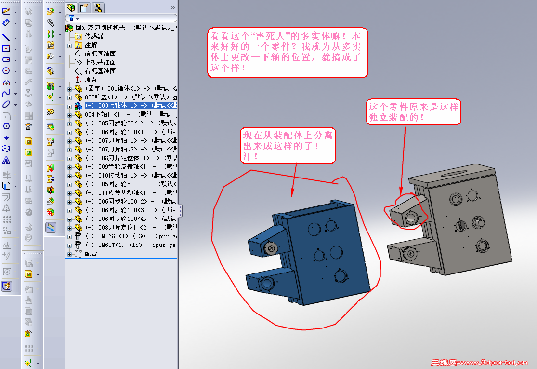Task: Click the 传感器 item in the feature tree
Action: tap(94, 36)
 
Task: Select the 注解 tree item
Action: tap(91, 45)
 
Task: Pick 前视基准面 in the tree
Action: tap(100, 54)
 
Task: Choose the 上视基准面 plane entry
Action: tap(100, 62)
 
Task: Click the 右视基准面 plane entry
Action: tap(100, 71)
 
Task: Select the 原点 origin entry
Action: tap(91, 80)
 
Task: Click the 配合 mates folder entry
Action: tap(91, 253)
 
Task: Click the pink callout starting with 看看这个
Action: tap(288, 52)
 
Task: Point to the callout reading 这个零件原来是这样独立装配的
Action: tap(414, 111)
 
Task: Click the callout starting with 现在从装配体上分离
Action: tap(288, 146)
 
